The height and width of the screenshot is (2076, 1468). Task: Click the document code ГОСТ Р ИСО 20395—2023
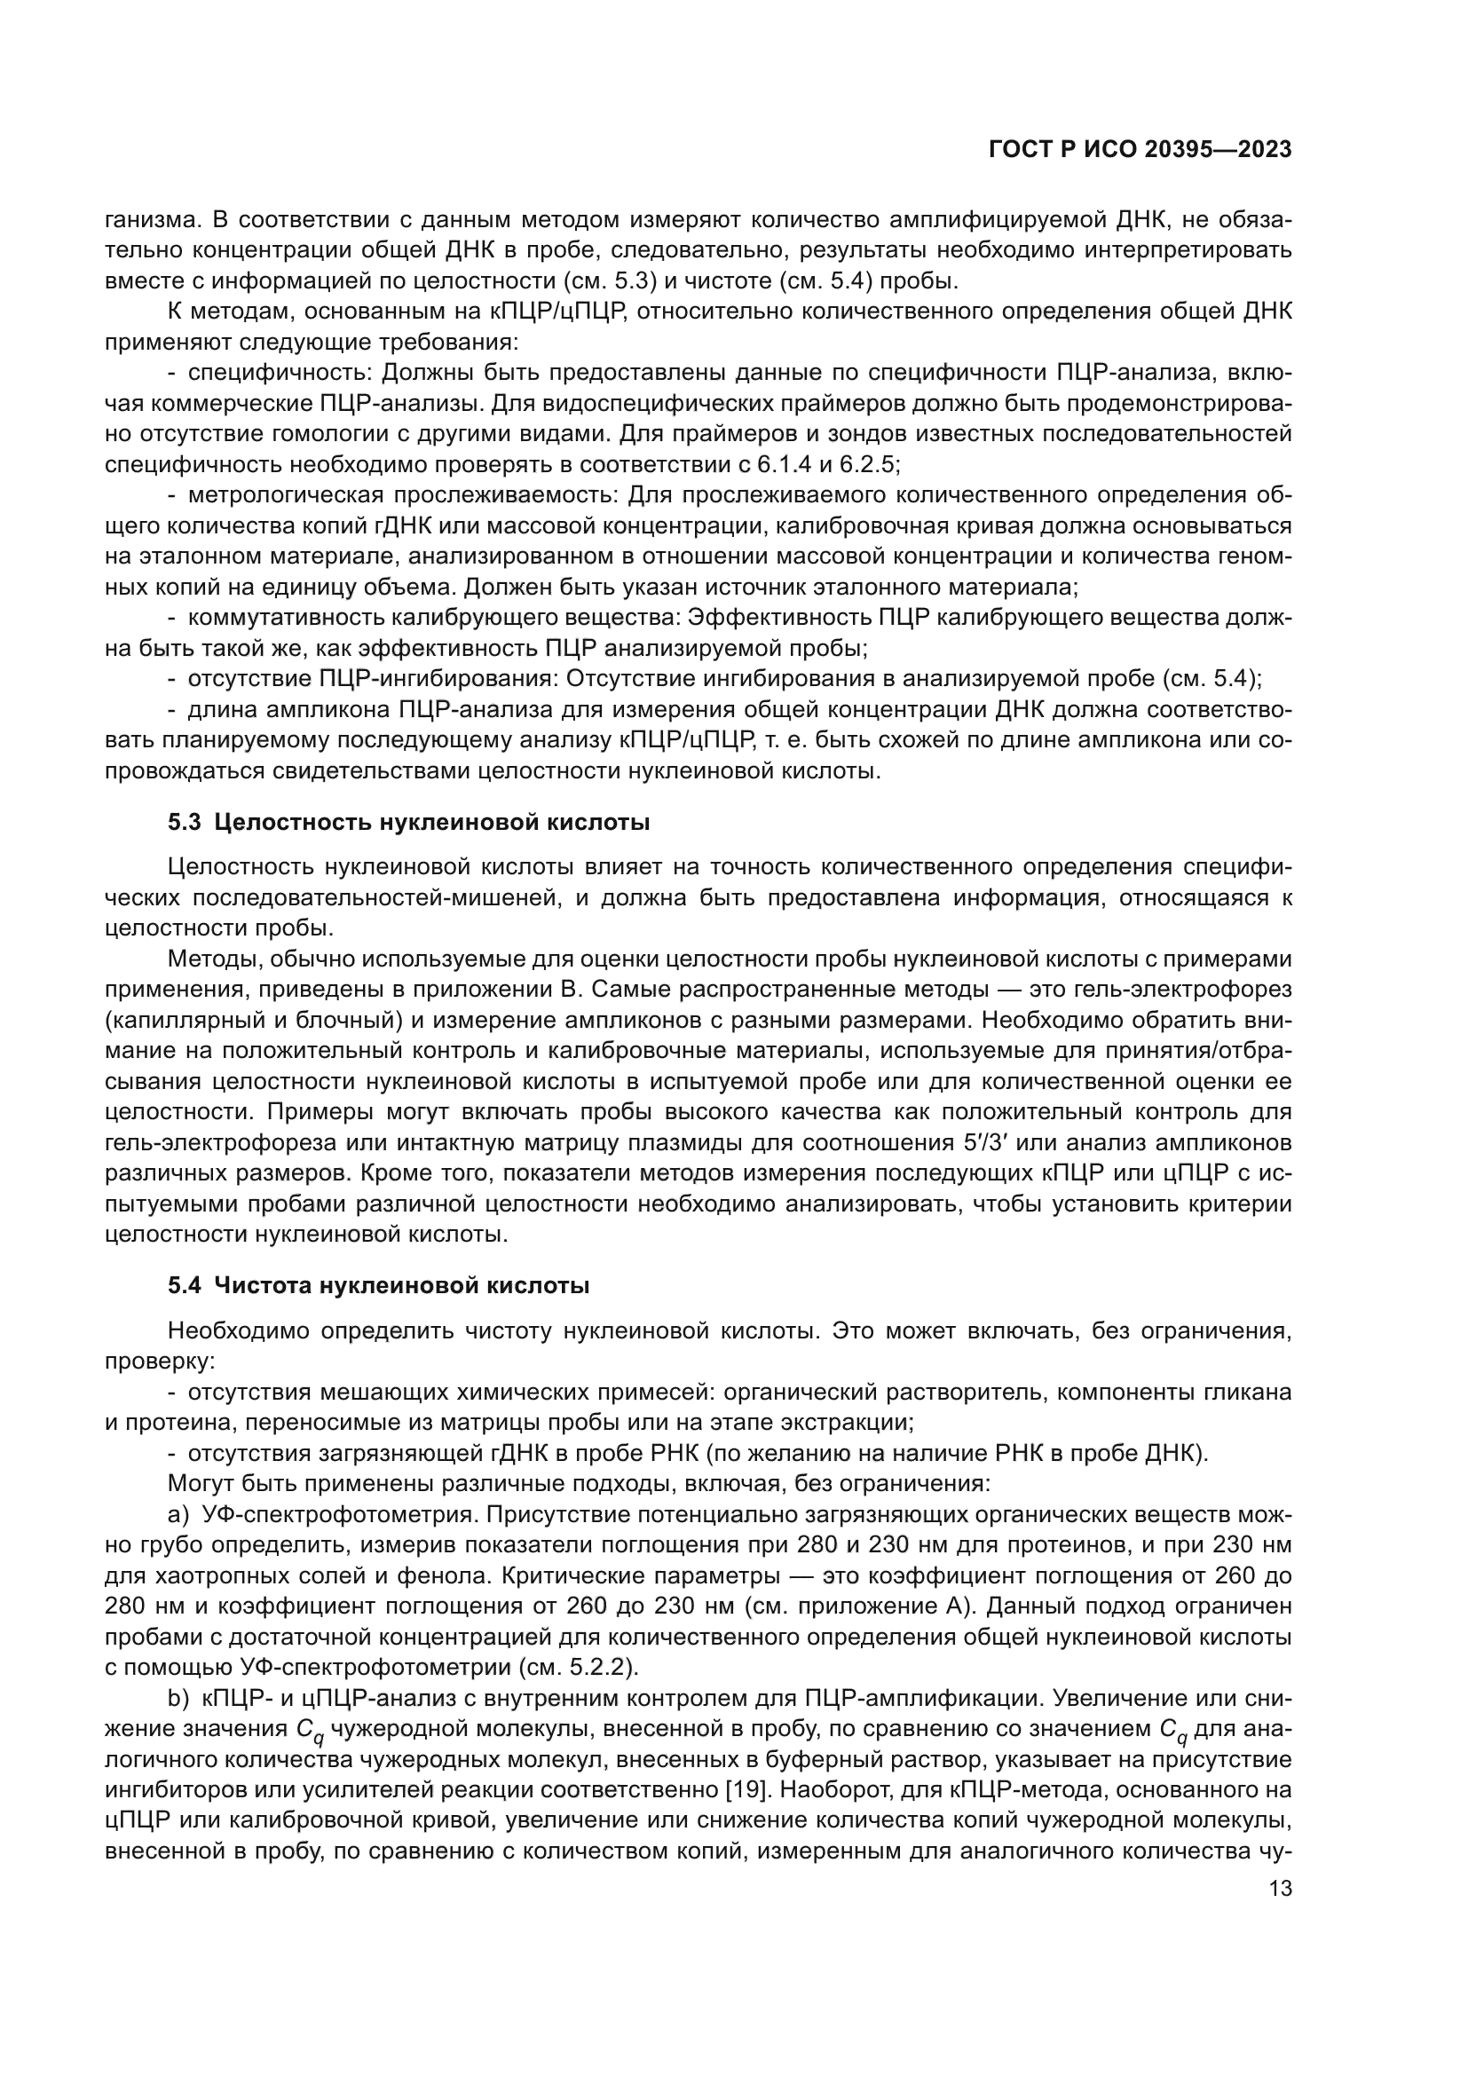pyautogui.click(x=1140, y=150)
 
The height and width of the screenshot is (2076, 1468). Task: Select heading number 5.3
pyautogui.click(x=185, y=823)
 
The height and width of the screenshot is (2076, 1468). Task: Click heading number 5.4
pyautogui.click(x=185, y=1285)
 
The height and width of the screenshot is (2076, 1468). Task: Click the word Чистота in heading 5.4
pyautogui.click(x=262, y=1285)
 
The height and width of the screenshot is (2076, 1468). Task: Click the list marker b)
pyautogui.click(x=179, y=1697)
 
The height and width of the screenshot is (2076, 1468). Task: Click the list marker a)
pyautogui.click(x=179, y=1513)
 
